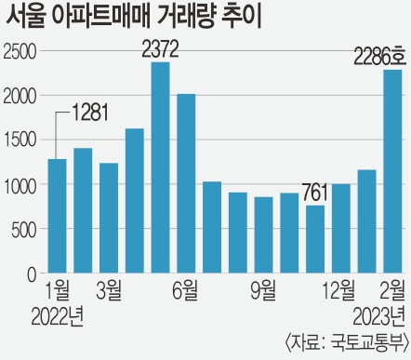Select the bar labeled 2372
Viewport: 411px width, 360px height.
[160, 167]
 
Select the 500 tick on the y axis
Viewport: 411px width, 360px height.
[24, 230]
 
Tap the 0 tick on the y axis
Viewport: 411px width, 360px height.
[32, 274]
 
